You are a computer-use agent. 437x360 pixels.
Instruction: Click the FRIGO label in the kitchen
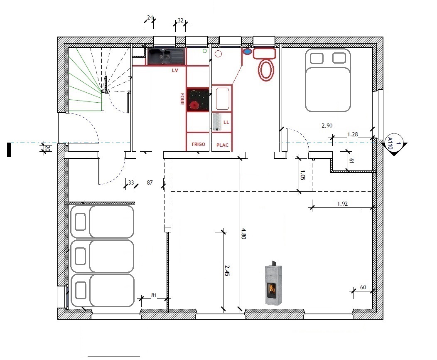(198, 144)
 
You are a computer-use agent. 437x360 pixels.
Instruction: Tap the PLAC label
(222, 145)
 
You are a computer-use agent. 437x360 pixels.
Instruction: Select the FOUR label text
(182, 99)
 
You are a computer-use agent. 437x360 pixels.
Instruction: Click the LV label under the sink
(175, 71)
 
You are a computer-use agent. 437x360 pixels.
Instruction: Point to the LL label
(226, 123)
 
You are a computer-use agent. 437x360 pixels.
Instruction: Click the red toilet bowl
(266, 69)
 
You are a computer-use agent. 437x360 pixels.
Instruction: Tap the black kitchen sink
(166, 56)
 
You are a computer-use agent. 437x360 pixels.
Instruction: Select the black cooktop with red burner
(197, 100)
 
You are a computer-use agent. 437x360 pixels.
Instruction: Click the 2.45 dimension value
(227, 271)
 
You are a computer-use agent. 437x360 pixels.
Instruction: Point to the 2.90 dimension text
(327, 125)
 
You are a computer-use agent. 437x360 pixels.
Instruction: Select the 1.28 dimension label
(353, 134)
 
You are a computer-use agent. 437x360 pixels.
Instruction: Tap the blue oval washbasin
(247, 52)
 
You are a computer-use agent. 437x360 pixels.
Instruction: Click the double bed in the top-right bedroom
(328, 80)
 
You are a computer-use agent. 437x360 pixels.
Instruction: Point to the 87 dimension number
(150, 182)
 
